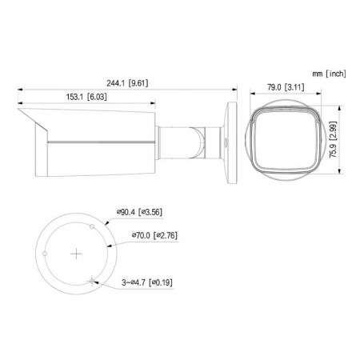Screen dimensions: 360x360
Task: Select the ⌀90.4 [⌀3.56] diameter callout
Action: pos(138,212)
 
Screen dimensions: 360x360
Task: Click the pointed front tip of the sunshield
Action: pos(19,112)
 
